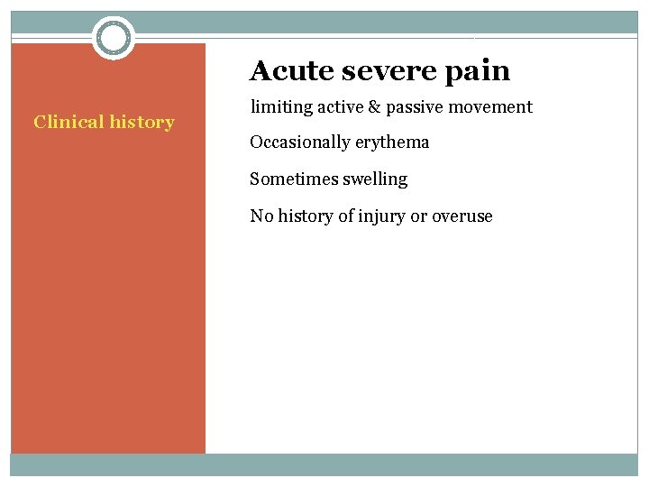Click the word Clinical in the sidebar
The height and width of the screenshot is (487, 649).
[67, 122]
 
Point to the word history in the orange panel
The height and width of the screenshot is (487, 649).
[140, 122]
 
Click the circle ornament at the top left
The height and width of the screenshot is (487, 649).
[114, 38]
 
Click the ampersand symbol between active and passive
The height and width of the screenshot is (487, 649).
[373, 107]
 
